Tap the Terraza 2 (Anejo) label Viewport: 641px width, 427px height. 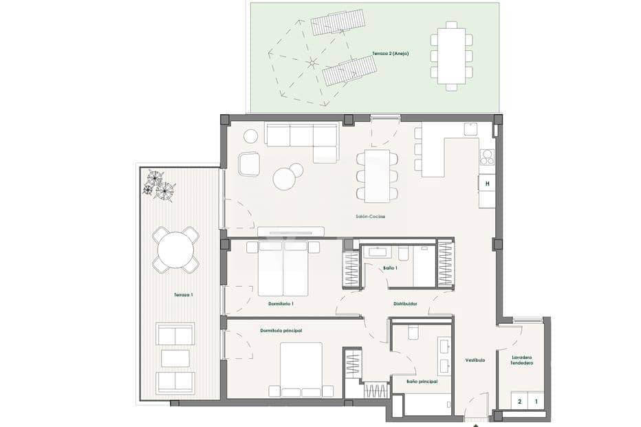(391, 54)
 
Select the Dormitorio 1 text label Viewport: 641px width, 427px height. (281, 303)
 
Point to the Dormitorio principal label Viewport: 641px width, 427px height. (281, 331)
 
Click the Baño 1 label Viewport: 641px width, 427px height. (389, 267)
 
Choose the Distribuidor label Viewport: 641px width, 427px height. (405, 303)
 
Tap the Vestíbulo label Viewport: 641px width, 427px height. (475, 360)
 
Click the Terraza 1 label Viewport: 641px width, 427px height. (183, 295)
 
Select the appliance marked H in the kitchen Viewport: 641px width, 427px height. (487, 183)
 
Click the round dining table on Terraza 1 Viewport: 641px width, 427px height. (175, 250)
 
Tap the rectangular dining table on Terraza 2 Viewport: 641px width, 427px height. (451, 56)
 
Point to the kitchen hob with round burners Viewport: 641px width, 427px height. (487, 157)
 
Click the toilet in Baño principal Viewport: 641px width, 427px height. (414, 332)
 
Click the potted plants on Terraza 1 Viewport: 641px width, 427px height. (159, 185)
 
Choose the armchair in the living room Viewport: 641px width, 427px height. (250, 164)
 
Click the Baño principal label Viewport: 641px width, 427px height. (422, 380)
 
